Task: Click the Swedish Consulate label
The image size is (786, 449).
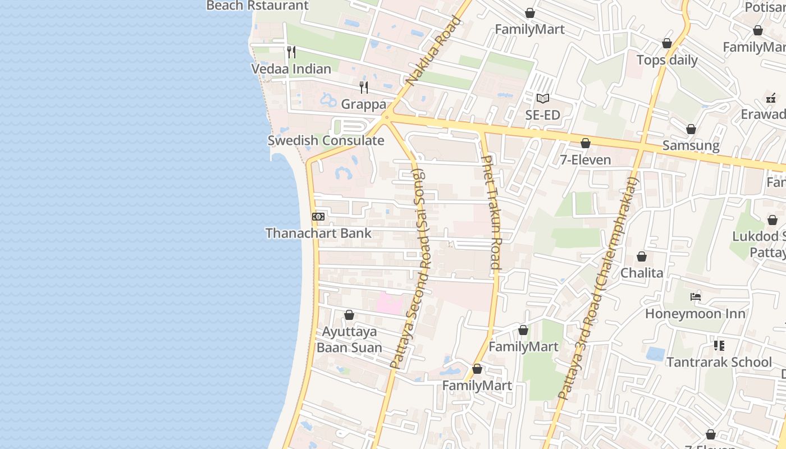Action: (x=326, y=140)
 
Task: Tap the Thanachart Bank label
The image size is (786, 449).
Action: (x=318, y=233)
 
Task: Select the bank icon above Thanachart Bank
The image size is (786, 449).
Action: (x=318, y=217)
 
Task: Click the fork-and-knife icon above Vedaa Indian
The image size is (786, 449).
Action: (x=291, y=52)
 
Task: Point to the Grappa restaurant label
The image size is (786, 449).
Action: (x=364, y=104)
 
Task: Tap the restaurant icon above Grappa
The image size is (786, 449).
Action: (x=364, y=88)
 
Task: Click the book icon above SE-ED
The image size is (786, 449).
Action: (x=542, y=99)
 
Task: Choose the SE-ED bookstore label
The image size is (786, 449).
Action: (x=542, y=115)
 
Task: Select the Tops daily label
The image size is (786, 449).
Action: (x=667, y=60)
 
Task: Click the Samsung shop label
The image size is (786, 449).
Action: (x=691, y=145)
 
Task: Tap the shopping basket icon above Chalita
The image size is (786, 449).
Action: (x=642, y=256)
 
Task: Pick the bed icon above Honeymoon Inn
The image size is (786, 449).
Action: (x=696, y=297)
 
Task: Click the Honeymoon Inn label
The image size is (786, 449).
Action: (x=695, y=313)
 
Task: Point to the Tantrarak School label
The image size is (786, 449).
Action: (x=719, y=362)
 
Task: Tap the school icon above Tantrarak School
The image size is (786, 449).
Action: (x=719, y=345)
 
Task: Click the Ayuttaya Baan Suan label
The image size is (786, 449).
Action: (x=349, y=340)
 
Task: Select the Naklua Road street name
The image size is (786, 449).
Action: (x=434, y=51)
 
